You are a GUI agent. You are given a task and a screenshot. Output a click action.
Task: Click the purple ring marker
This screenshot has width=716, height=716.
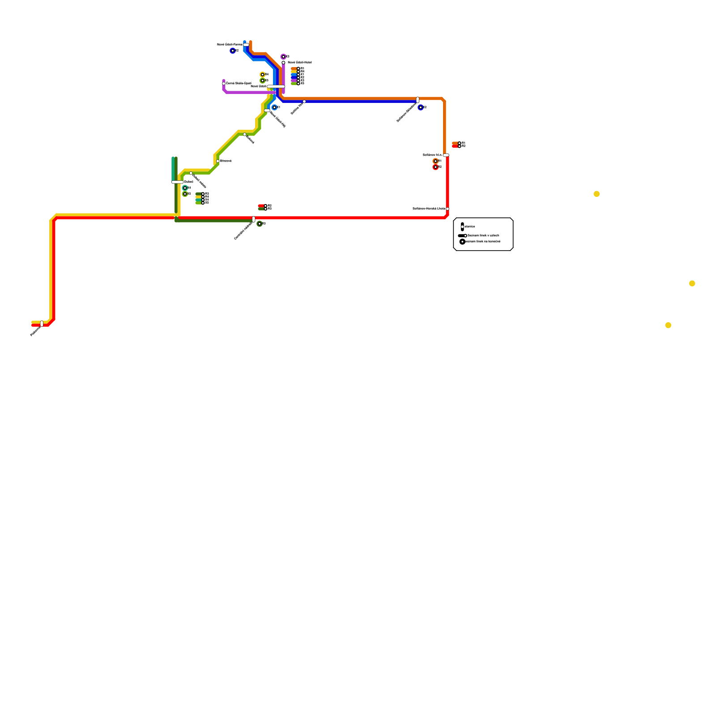283,57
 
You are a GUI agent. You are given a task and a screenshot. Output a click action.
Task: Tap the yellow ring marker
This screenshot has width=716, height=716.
263,75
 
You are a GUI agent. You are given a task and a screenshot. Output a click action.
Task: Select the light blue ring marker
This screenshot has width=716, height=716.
274,107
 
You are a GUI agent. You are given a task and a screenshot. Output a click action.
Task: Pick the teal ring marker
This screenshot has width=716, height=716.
185,188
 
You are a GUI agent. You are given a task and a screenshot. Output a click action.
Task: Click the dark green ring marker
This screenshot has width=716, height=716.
260,224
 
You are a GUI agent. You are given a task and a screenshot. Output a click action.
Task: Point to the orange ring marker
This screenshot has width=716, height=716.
435,161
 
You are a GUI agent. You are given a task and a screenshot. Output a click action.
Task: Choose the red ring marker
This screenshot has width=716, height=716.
435,167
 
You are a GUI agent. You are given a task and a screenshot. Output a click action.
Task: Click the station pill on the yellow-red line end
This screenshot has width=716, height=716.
42,324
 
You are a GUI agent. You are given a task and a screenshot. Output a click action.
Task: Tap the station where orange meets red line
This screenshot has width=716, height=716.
446,155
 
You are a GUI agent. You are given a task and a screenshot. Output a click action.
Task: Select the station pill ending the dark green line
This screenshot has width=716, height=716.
254,219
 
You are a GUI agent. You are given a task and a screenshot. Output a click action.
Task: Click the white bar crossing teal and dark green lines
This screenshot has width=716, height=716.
177,182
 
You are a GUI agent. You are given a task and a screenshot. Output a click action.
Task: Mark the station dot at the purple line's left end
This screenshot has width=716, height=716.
224,84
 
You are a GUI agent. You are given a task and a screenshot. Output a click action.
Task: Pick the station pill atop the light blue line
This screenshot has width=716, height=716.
246,45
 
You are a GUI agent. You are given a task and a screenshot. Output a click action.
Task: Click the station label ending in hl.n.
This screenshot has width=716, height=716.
432,155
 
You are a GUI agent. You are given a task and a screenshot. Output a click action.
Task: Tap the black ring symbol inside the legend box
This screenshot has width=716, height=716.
462,242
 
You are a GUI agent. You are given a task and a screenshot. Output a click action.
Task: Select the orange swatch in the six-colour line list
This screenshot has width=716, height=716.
294,69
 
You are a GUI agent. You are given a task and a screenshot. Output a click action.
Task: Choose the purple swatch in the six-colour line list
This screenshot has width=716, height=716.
294,81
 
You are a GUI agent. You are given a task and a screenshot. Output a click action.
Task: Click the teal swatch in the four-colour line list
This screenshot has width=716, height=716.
198,200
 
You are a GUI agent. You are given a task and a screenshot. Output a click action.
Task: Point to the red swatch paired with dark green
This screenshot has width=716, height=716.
261,206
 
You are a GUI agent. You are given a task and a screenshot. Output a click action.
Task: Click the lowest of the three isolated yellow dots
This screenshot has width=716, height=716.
668,325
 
